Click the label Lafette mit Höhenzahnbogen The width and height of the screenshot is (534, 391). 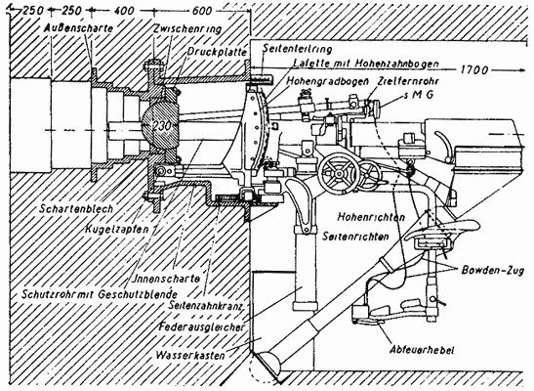pyautogui.click(x=347, y=63)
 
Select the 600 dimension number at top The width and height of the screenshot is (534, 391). pyautogui.click(x=201, y=10)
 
